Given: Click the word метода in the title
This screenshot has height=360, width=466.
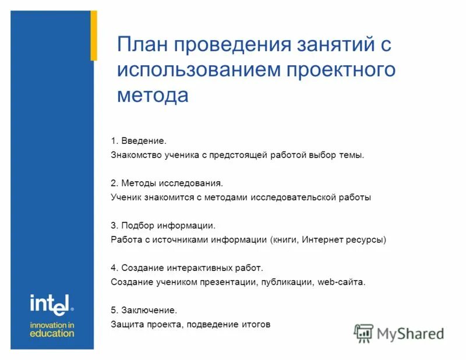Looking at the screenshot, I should (153, 94).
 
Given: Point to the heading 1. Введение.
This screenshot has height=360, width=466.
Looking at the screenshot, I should (139, 141).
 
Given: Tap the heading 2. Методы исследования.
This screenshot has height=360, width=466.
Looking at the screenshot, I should (167, 183).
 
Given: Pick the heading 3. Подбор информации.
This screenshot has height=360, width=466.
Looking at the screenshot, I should (163, 225).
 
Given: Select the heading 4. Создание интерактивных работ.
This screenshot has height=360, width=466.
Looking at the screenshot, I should (187, 268).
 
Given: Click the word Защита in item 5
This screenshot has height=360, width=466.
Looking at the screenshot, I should (126, 324).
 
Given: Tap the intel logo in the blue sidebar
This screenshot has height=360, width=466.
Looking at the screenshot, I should (51, 304).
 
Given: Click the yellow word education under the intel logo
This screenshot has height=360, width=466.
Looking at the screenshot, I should (52, 333).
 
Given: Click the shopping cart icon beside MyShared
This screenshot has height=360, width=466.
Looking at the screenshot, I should (363, 334).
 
